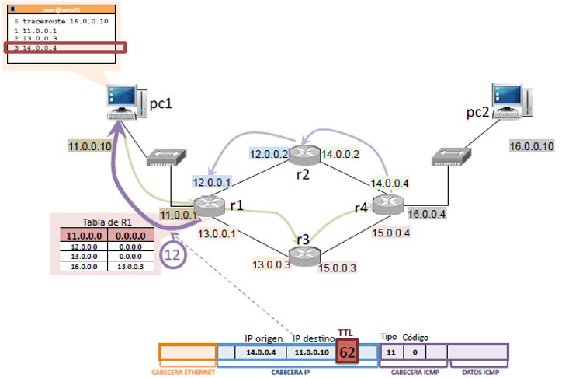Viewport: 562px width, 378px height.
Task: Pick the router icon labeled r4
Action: (x=388, y=204)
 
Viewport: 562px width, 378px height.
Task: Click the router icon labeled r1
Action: (x=209, y=205)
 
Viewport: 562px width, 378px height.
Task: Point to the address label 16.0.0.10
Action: (x=531, y=145)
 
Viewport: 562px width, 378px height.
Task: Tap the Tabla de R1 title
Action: (x=103, y=222)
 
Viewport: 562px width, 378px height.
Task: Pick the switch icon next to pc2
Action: (x=451, y=156)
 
